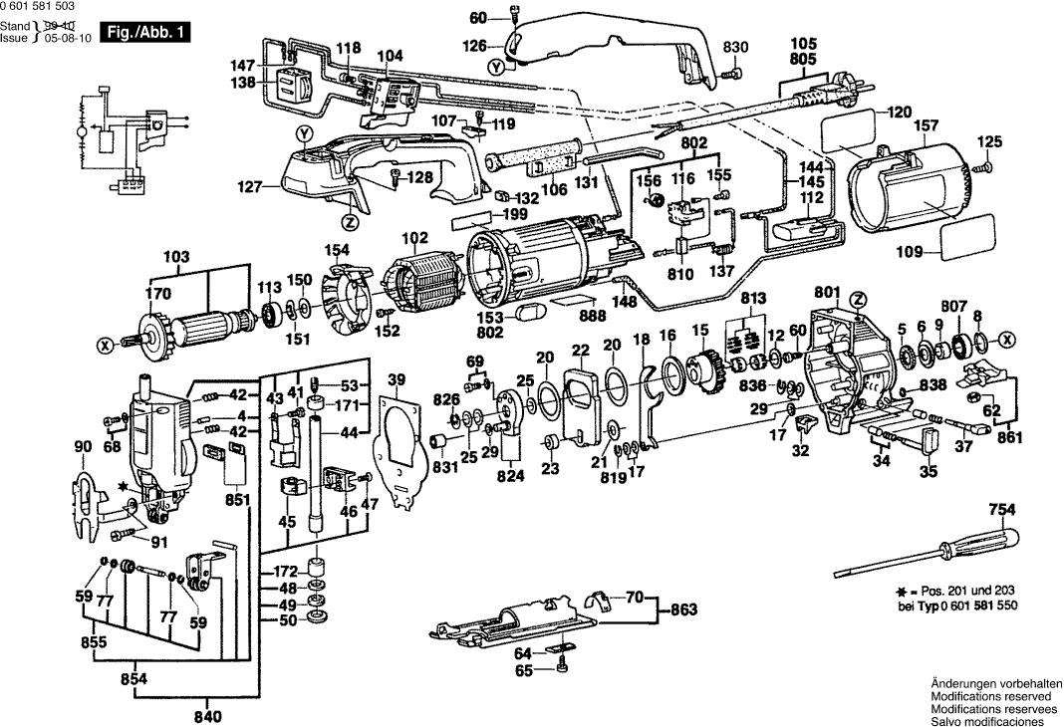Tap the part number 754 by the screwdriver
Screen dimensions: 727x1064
click(x=1001, y=510)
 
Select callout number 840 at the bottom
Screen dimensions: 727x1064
click(x=207, y=716)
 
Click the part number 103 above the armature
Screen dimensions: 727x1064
click(x=175, y=257)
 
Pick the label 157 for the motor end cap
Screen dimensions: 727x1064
click(x=927, y=126)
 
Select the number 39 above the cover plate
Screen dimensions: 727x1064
click(x=397, y=379)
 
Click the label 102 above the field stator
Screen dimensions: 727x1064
click(x=411, y=239)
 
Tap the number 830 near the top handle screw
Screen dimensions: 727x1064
click(x=734, y=48)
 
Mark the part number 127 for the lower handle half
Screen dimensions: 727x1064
click(x=250, y=185)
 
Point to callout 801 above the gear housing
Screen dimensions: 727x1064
click(x=827, y=292)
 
